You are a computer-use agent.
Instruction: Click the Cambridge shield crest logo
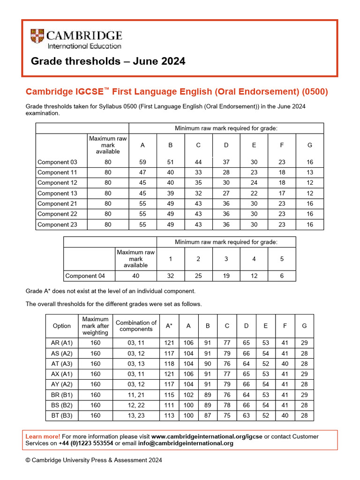pyautogui.click(x=37, y=37)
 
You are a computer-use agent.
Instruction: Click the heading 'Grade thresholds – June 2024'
pyautogui.click(x=108, y=61)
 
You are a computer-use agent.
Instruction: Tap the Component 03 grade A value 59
pyautogui.click(x=142, y=162)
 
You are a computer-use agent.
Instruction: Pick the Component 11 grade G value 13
pyautogui.click(x=309, y=172)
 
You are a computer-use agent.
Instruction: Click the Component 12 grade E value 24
pyautogui.click(x=254, y=183)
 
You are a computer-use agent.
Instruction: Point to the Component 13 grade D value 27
pyautogui.click(x=226, y=193)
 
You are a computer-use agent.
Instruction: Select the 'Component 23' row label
pyautogui.click(x=57, y=225)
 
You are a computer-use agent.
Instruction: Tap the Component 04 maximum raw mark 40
pyautogui.click(x=135, y=276)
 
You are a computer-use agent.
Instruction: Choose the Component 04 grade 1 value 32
pyautogui.click(x=171, y=276)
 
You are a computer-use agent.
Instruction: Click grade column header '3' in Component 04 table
pyautogui.click(x=226, y=259)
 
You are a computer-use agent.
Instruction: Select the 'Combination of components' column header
pyautogui.click(x=136, y=326)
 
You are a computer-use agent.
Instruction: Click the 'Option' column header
pyautogui.click(x=62, y=326)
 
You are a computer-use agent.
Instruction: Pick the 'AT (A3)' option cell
pyautogui.click(x=62, y=364)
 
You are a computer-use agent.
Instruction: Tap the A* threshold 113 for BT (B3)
pyautogui.click(x=169, y=415)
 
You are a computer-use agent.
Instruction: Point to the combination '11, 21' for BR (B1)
pyautogui.click(x=136, y=395)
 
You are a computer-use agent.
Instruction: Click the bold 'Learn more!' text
pyautogui.click(x=43, y=436)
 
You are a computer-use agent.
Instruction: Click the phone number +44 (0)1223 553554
pyautogui.click(x=86, y=443)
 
